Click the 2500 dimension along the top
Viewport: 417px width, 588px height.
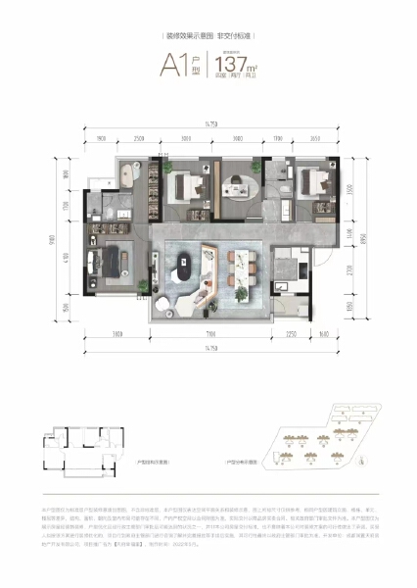click(139, 139)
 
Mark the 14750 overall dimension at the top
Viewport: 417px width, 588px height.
click(210, 122)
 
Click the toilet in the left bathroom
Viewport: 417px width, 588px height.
click(111, 211)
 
